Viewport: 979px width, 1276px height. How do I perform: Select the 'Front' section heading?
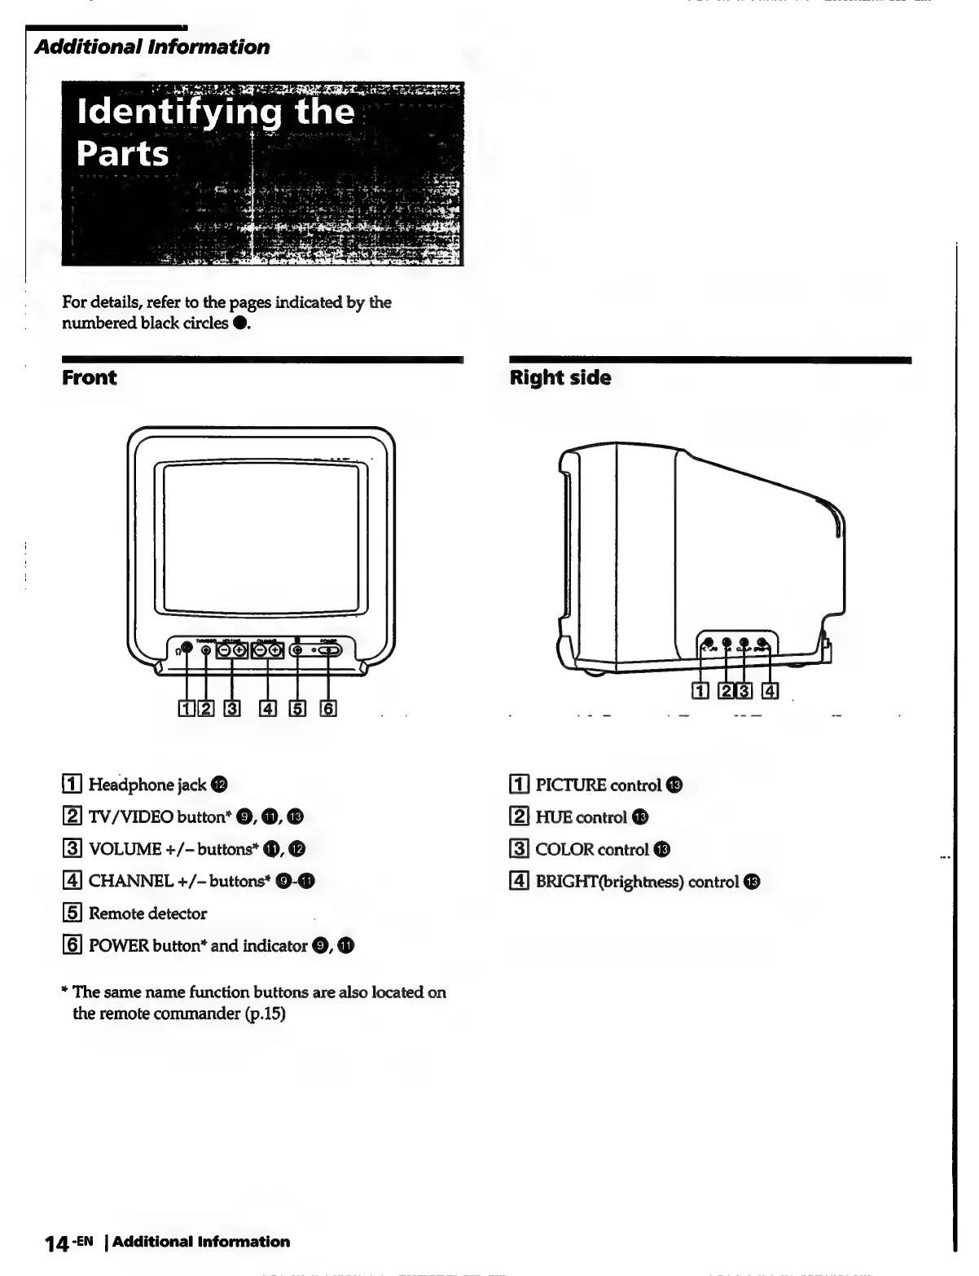click(90, 378)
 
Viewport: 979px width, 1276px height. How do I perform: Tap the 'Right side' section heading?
click(560, 378)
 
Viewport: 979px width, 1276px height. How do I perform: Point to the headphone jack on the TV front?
click(187, 648)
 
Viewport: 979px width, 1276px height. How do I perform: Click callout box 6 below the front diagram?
click(328, 709)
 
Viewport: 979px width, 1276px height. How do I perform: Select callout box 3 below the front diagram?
click(233, 709)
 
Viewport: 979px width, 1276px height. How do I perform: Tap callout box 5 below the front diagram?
click(298, 709)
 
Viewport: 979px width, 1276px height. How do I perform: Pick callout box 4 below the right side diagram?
click(770, 693)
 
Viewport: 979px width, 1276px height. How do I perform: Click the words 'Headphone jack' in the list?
click(147, 785)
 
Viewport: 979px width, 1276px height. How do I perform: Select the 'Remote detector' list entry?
click(147, 913)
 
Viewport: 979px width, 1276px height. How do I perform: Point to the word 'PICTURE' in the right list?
click(570, 785)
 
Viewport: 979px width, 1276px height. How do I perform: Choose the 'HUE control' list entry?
click(581, 817)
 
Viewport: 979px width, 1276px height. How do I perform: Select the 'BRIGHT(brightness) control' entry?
click(637, 882)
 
